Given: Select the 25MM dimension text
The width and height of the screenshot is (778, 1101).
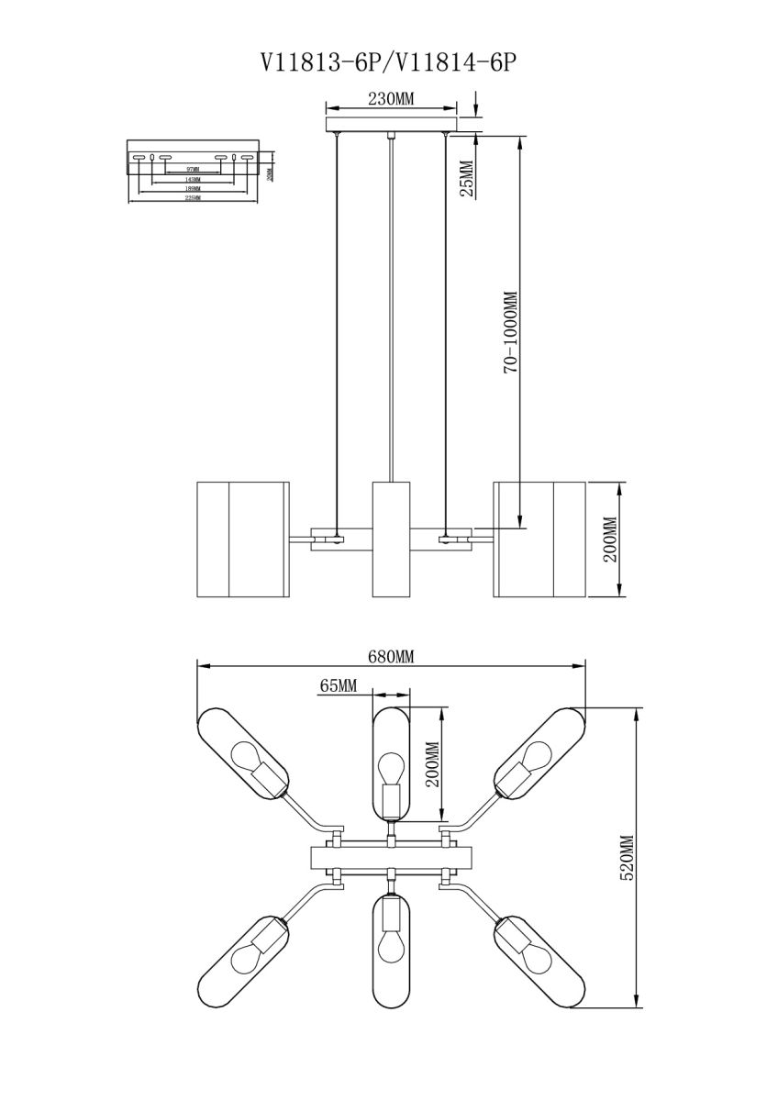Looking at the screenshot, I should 466,178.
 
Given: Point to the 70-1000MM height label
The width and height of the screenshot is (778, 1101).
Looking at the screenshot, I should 511,332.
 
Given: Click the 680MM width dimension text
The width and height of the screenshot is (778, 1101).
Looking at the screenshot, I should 392,657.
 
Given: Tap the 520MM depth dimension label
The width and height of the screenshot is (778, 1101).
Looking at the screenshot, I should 628,858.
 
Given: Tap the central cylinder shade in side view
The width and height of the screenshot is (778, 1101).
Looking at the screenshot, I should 391,539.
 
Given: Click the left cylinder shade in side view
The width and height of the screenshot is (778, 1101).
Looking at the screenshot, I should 242,539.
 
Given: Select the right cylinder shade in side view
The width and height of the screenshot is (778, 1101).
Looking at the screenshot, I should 539,539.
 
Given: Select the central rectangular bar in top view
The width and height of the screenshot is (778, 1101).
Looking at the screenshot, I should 392,858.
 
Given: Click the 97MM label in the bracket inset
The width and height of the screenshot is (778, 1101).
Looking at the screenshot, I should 192,171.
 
